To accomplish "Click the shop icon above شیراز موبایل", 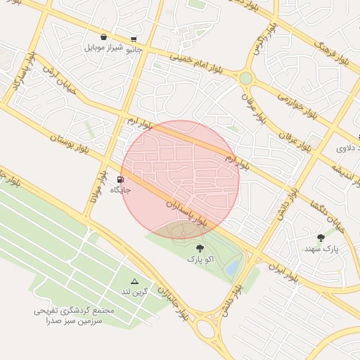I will (104, 37).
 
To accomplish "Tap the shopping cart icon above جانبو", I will (134, 39).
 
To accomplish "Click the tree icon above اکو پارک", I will (200, 247).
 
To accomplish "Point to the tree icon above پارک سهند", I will (321, 238).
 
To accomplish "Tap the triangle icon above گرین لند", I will (134, 281).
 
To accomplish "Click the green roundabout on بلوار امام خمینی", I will (245, 78).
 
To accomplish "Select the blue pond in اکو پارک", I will (232, 268).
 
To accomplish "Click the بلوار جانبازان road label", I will (173, 305).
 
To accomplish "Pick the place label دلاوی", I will (348, 148).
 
